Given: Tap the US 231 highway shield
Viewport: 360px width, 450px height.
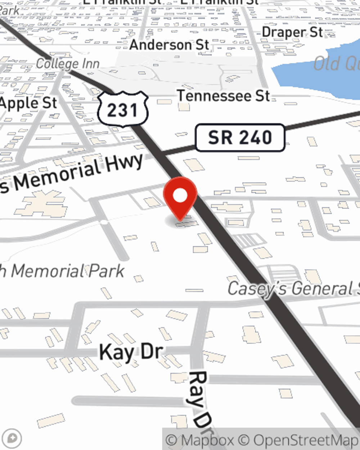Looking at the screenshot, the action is point(123,109).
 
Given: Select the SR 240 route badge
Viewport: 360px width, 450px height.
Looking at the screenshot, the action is point(240,138).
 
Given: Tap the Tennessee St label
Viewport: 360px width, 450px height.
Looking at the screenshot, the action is point(224,96).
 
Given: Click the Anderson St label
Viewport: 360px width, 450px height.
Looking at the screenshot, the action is point(169,45).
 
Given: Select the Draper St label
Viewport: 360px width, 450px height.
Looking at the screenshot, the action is point(292,32).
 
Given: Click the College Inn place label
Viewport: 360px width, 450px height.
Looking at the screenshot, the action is point(68,64).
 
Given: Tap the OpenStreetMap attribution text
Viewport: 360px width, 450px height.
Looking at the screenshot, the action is point(306,440).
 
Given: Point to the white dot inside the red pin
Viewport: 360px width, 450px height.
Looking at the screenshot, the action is point(180,195).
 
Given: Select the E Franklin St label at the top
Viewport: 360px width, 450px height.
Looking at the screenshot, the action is point(220,2).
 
